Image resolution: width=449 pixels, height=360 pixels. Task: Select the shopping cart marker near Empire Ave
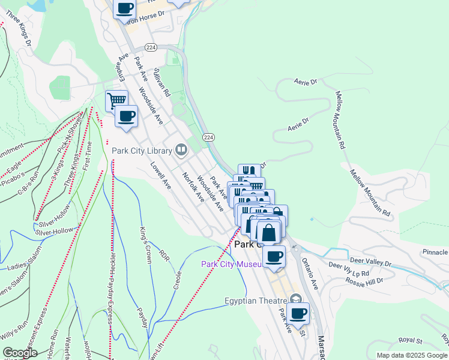(116, 100)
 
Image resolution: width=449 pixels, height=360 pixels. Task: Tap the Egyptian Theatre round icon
(295, 299)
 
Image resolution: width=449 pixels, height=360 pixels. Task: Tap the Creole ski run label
(178, 280)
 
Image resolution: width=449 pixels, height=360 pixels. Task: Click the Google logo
(20, 353)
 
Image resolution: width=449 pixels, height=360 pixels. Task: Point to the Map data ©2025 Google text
(411, 355)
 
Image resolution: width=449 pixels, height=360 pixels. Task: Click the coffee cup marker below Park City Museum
(274, 257)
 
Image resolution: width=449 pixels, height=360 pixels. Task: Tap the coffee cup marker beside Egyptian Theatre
(298, 313)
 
